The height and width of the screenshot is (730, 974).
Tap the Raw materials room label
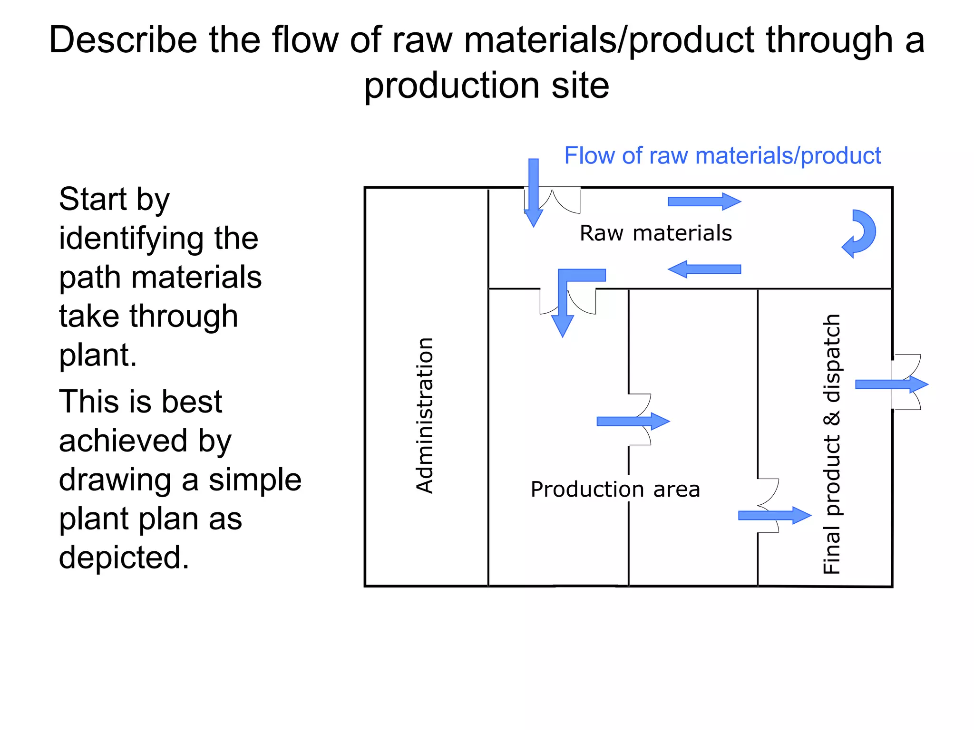click(x=655, y=233)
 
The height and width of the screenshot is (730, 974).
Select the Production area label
click(x=615, y=490)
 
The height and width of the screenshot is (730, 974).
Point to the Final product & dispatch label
click(x=831, y=444)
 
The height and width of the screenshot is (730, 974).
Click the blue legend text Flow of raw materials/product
click(x=722, y=156)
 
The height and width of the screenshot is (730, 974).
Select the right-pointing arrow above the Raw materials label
click(x=704, y=202)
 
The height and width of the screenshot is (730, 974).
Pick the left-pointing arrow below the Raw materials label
click(x=704, y=269)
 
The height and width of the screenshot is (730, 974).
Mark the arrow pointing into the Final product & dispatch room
click(x=774, y=515)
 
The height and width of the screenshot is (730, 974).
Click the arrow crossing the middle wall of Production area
click(x=633, y=421)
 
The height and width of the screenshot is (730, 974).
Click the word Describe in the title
click(x=123, y=40)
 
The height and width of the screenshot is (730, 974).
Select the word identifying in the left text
click(x=158, y=238)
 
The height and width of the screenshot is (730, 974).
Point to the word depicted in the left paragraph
click(x=124, y=557)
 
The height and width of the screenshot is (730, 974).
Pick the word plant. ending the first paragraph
click(x=97, y=355)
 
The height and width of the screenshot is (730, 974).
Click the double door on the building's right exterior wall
click(x=906, y=382)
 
